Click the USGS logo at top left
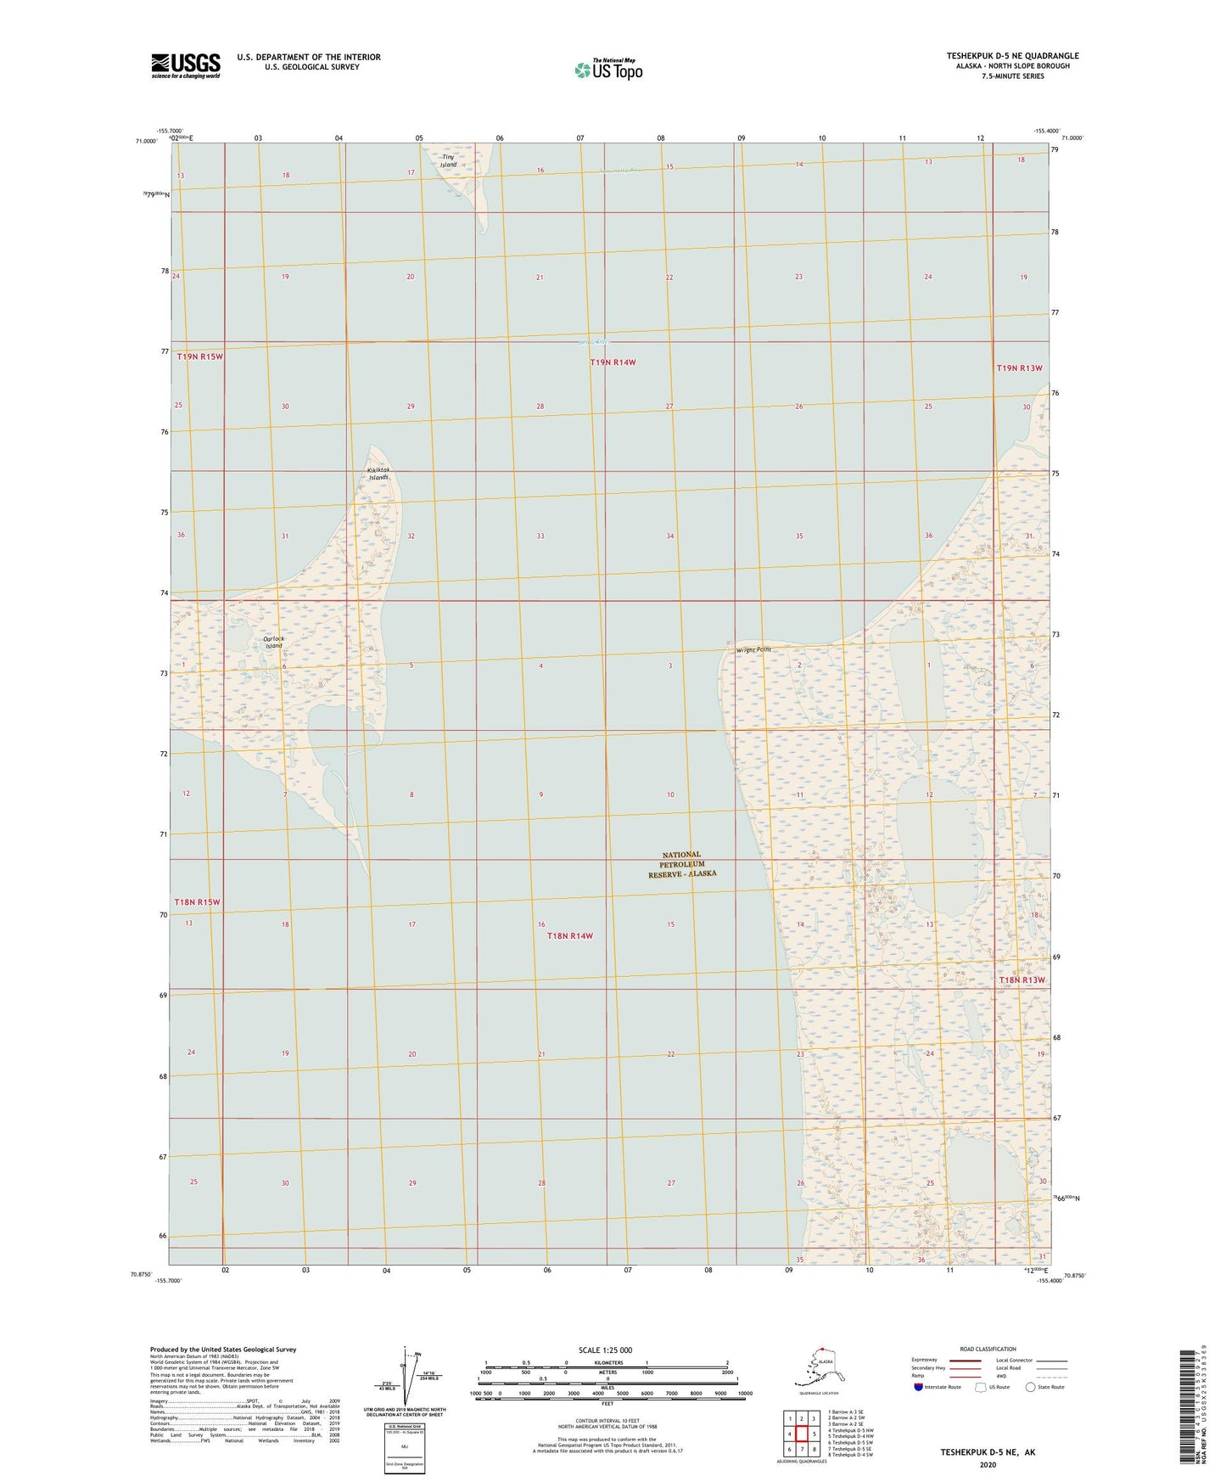[x=185, y=65]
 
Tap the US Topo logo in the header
[x=607, y=70]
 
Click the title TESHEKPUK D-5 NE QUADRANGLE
[x=1012, y=56]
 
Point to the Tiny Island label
[x=448, y=160]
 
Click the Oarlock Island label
[x=273, y=643]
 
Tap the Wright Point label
[x=748, y=650]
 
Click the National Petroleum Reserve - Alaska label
[x=682, y=864]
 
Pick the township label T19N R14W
[x=613, y=362]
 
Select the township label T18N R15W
[x=197, y=902]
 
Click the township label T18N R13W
[x=1022, y=980]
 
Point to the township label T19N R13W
[x=1018, y=368]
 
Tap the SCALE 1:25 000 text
[x=605, y=1350]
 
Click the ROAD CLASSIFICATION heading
[x=988, y=1349]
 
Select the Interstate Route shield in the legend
[x=919, y=1387]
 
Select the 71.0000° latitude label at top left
[x=146, y=141]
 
